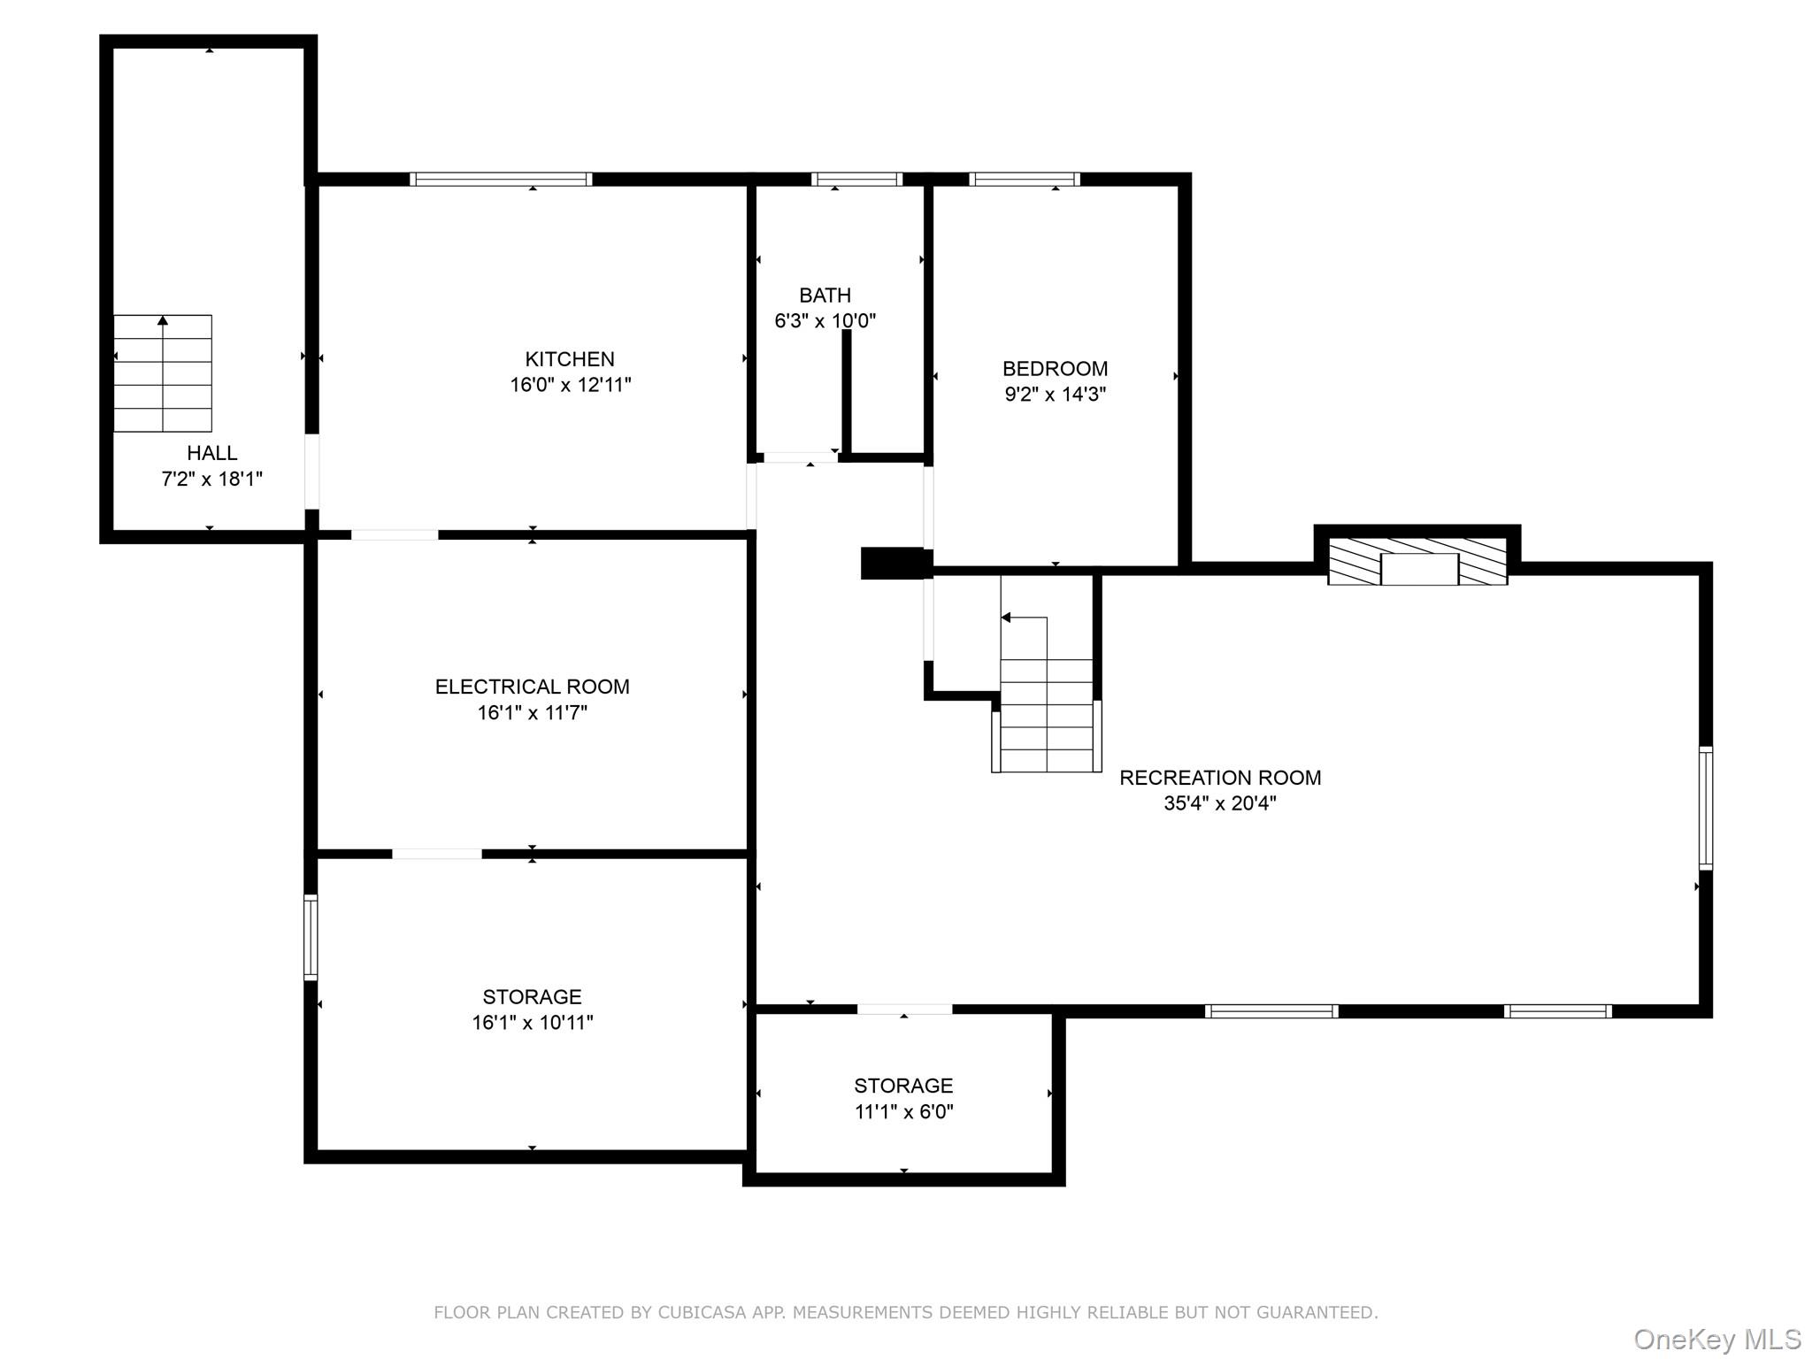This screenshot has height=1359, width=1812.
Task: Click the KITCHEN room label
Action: (570, 359)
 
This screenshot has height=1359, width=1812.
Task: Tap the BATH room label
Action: (825, 296)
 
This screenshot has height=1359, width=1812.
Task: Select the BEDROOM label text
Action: (1055, 369)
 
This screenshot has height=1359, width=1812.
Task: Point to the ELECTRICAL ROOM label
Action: (533, 687)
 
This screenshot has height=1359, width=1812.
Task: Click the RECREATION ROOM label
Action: (1220, 778)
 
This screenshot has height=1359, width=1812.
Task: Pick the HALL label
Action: (212, 453)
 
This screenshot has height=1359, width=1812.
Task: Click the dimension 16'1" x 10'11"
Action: (533, 1023)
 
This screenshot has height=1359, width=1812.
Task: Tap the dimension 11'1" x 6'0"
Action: (904, 1112)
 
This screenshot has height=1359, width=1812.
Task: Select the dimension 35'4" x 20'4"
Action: (1220, 803)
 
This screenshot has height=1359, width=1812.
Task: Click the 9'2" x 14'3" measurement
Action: (1056, 395)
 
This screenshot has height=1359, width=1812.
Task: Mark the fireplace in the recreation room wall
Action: (1417, 561)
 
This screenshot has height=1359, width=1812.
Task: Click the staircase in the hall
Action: (163, 373)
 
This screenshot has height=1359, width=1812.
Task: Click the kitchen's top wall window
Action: (501, 179)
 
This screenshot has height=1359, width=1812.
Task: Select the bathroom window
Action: (856, 179)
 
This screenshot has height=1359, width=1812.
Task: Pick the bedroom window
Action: (1025, 179)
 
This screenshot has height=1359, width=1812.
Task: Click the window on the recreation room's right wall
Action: (1706, 808)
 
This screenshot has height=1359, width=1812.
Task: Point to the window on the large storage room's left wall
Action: (311, 937)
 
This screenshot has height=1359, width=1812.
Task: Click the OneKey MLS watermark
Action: (1717, 1340)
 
